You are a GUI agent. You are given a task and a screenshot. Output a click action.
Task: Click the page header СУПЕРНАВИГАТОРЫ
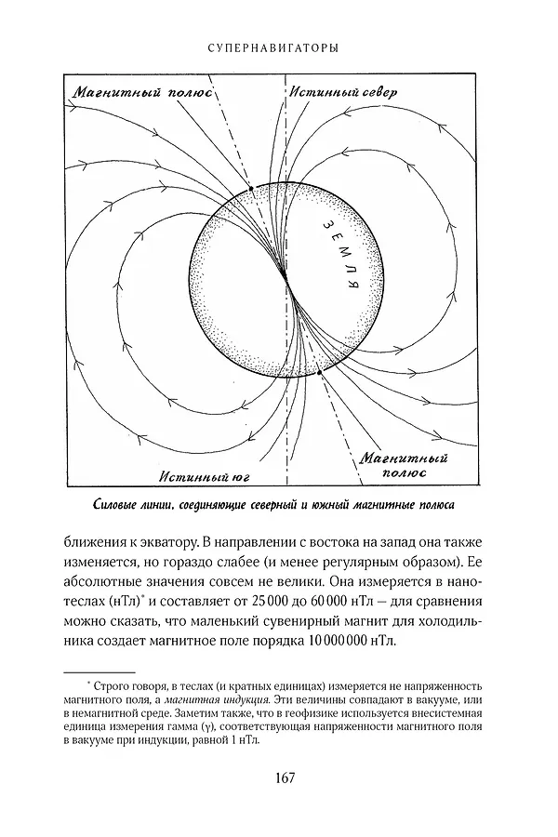pos(279,45)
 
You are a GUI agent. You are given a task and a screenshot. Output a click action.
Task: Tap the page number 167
pos(279,778)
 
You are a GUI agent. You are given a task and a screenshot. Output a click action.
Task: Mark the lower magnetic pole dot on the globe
pos(320,373)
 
